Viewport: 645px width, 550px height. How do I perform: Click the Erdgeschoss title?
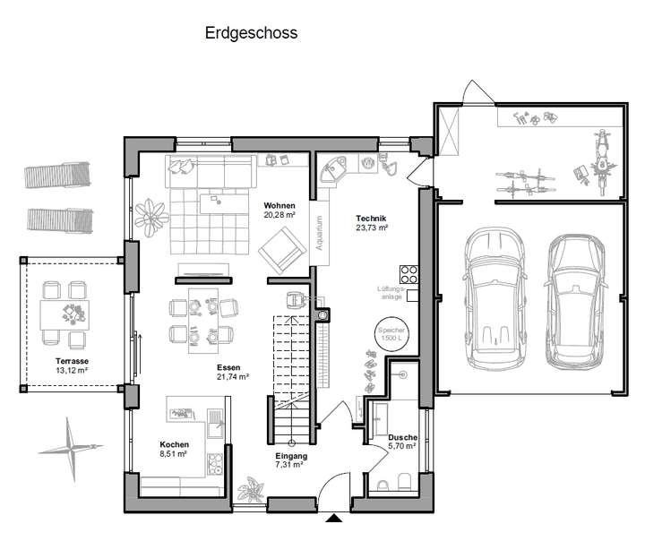tap(251, 33)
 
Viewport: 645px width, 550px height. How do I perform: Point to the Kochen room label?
tap(174, 449)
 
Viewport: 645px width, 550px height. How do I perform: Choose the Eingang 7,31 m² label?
tap(291, 460)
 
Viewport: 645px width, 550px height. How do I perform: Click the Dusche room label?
tap(402, 440)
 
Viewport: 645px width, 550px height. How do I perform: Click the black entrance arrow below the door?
tap(333, 518)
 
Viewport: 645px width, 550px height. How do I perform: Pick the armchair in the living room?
tap(280, 246)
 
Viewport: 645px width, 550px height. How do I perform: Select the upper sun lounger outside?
tap(58, 176)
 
